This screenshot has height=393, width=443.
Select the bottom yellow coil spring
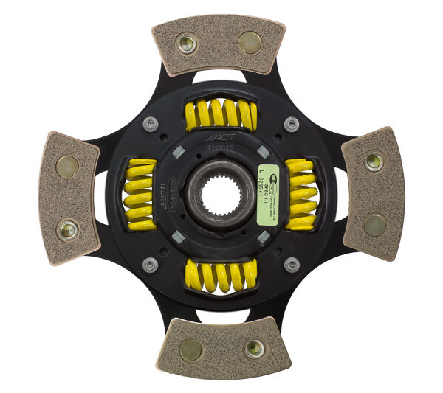tap(220, 275)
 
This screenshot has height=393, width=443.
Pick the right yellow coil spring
tap(301, 194)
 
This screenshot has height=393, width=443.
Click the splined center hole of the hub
tap(221, 195)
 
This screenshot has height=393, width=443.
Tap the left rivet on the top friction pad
tap(188, 45)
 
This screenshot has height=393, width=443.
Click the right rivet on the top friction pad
tap(250, 43)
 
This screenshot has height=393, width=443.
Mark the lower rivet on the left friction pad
tap(67, 230)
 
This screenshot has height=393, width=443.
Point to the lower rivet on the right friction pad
tap(374, 224)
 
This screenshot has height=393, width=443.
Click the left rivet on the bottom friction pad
tap(191, 349)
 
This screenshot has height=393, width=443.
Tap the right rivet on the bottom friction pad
tap(255, 347)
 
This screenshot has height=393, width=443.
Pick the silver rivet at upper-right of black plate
tap(292, 124)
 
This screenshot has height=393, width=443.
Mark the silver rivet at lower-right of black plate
tap(292, 264)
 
